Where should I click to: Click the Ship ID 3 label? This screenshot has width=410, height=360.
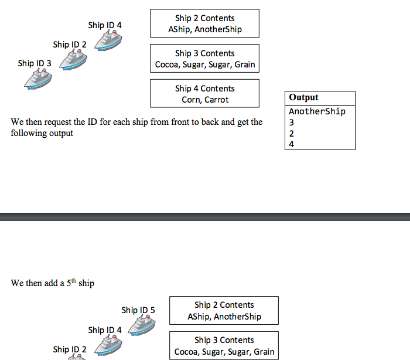[35, 63]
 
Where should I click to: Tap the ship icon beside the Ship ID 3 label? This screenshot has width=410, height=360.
[38, 79]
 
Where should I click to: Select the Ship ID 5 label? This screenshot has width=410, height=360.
[138, 310]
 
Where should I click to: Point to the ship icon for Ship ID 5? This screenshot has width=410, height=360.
[142, 324]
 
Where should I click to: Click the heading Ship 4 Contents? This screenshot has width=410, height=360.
[204, 89]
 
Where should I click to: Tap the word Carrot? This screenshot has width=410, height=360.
[216, 100]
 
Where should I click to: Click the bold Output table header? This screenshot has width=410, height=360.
[304, 97]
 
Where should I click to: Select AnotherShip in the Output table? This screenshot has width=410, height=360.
[317, 111]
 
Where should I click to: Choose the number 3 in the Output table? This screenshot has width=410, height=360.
[292, 123]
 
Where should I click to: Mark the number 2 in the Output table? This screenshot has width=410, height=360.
[292, 133]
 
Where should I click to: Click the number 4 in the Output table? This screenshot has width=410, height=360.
[292, 144]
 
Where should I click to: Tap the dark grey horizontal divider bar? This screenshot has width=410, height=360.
[205, 217]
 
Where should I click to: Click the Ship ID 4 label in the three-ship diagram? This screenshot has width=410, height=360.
[105, 25]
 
